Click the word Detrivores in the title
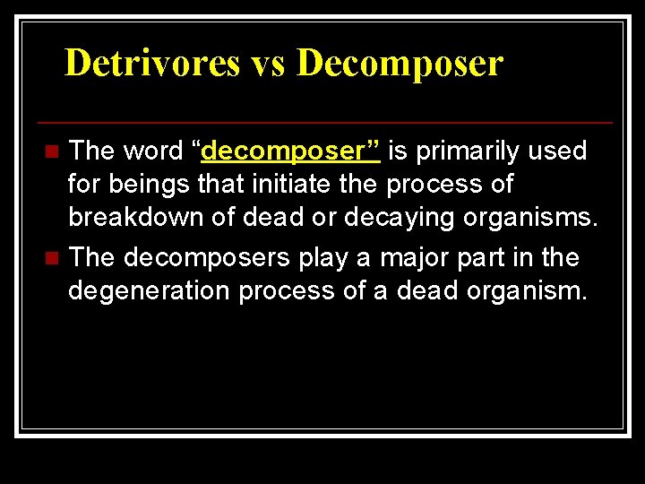point(153,64)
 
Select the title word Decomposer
point(400,64)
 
